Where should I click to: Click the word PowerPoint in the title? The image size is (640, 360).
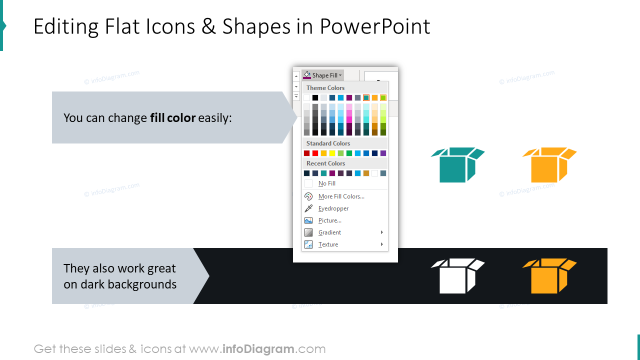click(x=375, y=26)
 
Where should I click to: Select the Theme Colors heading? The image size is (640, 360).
click(x=325, y=88)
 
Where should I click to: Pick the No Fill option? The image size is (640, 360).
click(x=327, y=183)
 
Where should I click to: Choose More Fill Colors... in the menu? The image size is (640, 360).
click(x=341, y=196)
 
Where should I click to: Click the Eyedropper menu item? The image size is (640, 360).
click(x=333, y=208)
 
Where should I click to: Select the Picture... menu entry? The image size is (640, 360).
click(x=330, y=220)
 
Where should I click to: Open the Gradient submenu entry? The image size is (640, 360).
click(x=330, y=232)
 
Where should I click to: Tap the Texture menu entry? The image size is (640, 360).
click(x=328, y=244)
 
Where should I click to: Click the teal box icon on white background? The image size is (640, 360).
click(x=457, y=165)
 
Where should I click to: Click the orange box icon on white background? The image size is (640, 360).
click(x=549, y=165)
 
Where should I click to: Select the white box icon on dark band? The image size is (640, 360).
click(x=457, y=276)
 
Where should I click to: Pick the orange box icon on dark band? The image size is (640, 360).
click(x=549, y=276)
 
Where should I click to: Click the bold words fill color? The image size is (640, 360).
click(x=172, y=118)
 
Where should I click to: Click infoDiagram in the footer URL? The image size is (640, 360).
click(x=258, y=349)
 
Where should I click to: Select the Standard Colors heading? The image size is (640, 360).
click(x=328, y=143)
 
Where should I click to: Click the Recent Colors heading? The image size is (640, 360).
click(x=325, y=163)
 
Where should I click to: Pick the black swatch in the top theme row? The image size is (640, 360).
click(x=315, y=98)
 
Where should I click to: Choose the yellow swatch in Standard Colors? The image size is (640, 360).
click(x=332, y=153)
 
